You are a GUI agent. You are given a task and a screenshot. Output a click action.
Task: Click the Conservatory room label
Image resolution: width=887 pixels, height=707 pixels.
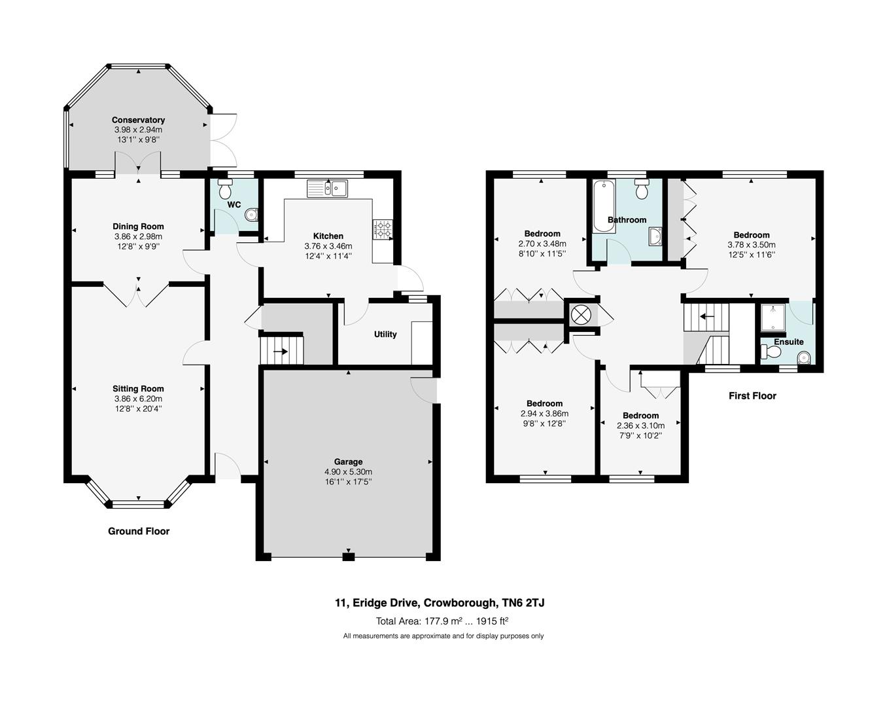138,120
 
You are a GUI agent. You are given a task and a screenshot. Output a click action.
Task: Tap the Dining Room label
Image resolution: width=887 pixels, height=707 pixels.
138,227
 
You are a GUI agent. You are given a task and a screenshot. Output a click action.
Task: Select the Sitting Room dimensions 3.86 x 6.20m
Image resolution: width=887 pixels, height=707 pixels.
138,399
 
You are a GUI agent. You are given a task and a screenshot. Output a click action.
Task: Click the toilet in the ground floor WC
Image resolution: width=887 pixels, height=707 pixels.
225,190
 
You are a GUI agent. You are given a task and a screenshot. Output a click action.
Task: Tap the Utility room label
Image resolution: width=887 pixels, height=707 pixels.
385,335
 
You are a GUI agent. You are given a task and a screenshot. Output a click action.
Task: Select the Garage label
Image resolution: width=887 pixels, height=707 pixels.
348,462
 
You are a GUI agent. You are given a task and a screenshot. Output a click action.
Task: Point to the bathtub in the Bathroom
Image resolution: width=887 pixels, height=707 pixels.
600,206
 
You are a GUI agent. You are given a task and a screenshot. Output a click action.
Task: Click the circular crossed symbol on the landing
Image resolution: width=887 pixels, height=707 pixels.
580,315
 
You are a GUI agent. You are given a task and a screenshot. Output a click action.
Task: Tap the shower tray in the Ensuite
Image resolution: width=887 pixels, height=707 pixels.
773,318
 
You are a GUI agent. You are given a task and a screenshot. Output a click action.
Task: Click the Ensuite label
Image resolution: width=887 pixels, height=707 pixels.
788,342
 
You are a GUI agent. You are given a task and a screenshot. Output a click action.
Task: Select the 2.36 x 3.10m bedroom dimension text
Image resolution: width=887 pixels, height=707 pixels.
640,426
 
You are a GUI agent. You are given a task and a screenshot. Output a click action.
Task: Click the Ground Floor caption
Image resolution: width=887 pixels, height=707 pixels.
139,532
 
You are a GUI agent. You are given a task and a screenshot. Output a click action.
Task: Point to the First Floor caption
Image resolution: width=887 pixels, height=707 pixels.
752,396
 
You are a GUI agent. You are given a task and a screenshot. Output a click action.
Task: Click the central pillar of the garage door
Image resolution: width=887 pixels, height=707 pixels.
349,557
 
